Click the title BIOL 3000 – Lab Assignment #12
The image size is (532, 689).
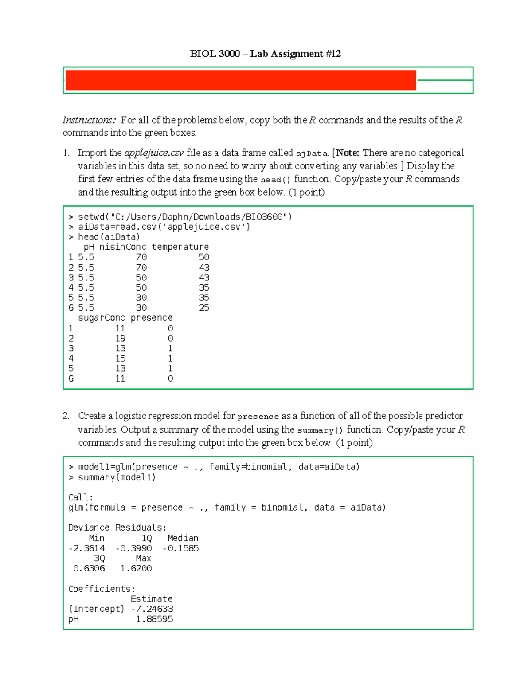pyautogui.click(x=265, y=54)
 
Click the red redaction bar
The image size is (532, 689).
pyautogui.click(x=241, y=80)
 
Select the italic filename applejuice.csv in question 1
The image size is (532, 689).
pyautogui.click(x=153, y=153)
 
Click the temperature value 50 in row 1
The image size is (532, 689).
pyautogui.click(x=204, y=257)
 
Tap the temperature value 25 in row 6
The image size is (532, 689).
pyautogui.click(x=204, y=308)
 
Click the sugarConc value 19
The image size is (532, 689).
pyautogui.click(x=120, y=339)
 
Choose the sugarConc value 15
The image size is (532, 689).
pyautogui.click(x=120, y=358)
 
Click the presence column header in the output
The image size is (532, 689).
pyautogui.click(x=151, y=318)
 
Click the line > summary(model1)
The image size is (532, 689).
pyautogui.click(x=112, y=478)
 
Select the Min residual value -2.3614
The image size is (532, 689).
pyautogui.click(x=86, y=548)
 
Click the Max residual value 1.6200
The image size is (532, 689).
pyautogui.click(x=136, y=568)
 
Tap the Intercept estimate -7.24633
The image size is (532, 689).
pyautogui.click(x=152, y=609)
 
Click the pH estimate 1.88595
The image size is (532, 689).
pyautogui.click(x=154, y=619)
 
